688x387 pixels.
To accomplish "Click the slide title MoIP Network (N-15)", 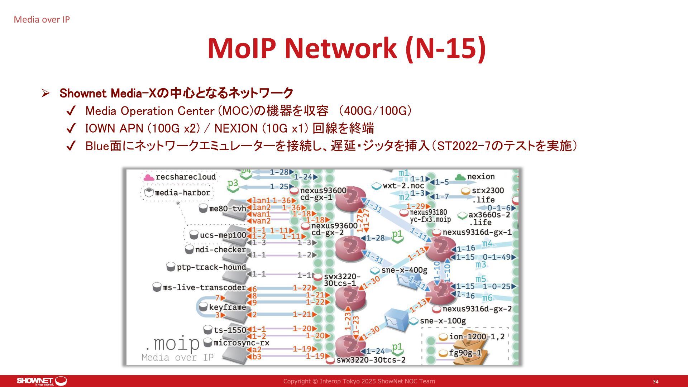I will (x=347, y=48).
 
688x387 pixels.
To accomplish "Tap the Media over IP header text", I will (x=42, y=20).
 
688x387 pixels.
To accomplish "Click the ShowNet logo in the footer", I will (x=42, y=381).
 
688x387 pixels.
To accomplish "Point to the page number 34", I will (x=655, y=382).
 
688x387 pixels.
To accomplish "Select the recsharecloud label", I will (x=186, y=177).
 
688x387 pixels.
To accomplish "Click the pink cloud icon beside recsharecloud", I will (x=148, y=177).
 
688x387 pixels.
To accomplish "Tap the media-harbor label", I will (x=182, y=193).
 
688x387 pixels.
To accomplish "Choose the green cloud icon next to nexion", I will (x=460, y=177).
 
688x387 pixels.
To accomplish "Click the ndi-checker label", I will (x=220, y=249).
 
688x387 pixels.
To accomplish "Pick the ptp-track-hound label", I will (x=211, y=267).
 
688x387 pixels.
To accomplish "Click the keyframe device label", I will (x=227, y=307).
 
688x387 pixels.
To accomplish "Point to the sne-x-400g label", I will (x=404, y=270).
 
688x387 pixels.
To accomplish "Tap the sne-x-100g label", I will (x=443, y=321).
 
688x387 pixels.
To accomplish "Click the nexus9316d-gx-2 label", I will (x=477, y=309).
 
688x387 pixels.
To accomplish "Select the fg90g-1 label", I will (x=465, y=353).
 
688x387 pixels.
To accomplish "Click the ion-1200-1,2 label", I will (x=477, y=336).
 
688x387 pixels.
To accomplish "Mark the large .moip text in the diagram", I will (x=172, y=344).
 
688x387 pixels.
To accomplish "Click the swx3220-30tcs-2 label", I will (x=371, y=360).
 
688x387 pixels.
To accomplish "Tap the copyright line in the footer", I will (x=359, y=381).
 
